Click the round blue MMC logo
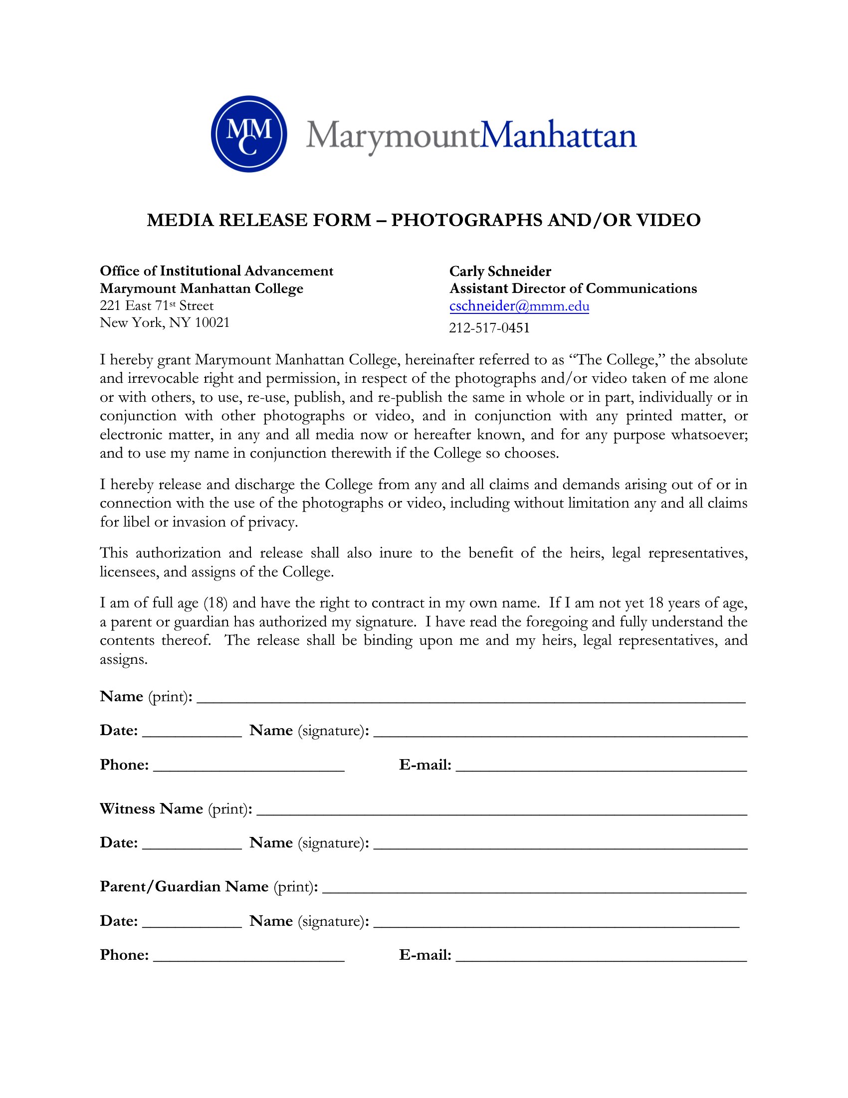(249, 134)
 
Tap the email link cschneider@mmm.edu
(519, 306)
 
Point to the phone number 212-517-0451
(489, 328)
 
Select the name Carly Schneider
(500, 272)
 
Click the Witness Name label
(151, 809)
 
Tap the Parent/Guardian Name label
(184, 886)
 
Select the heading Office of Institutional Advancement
(216, 271)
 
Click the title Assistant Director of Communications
(573, 288)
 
